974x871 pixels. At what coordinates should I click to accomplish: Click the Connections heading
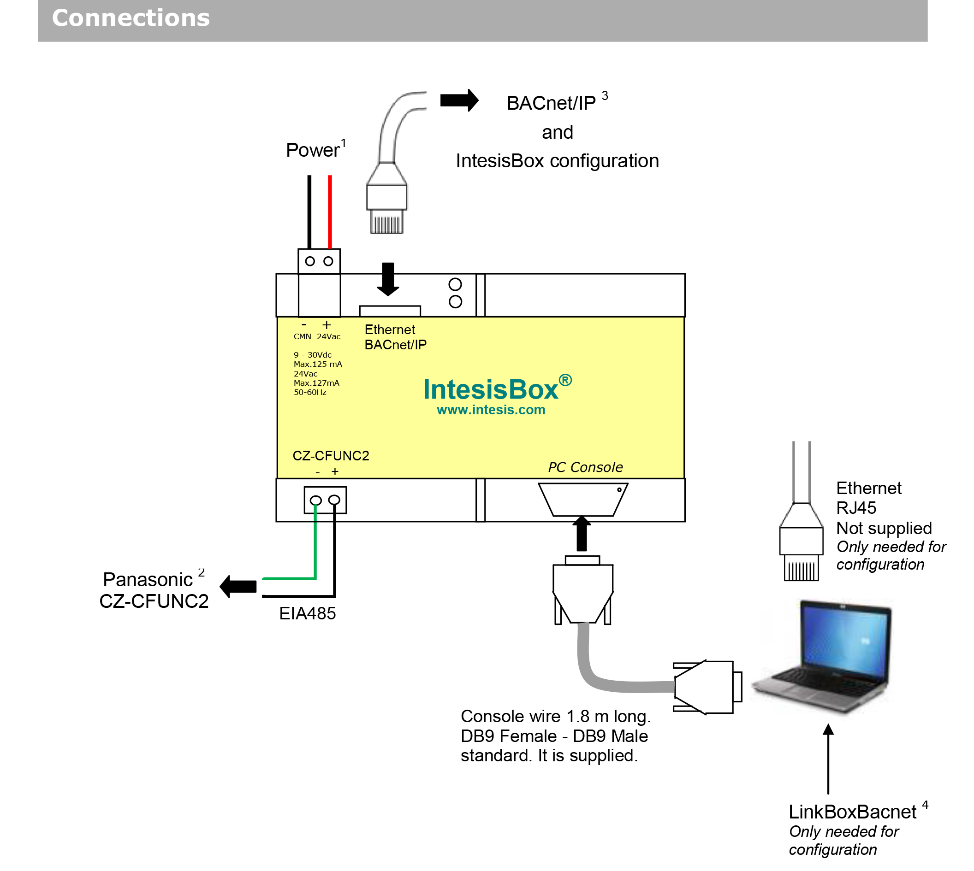click(x=131, y=18)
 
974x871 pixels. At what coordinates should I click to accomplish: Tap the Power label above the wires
click(x=313, y=150)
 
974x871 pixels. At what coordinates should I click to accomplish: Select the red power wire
click(x=330, y=211)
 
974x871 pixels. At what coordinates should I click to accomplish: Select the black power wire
click(x=309, y=211)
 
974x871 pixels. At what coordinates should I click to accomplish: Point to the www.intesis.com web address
click(x=491, y=410)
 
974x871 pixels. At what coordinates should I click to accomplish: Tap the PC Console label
click(x=585, y=468)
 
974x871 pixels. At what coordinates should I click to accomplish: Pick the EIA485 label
click(x=308, y=614)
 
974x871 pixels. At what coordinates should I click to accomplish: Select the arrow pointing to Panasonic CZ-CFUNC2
click(x=238, y=587)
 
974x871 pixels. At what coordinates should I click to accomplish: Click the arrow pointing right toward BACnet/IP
click(x=459, y=100)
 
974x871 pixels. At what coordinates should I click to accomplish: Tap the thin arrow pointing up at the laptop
click(x=828, y=761)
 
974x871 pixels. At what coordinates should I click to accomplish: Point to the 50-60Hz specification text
click(x=310, y=393)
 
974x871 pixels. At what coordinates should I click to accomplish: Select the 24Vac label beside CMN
click(x=328, y=337)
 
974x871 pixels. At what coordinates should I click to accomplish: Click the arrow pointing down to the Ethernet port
click(x=388, y=279)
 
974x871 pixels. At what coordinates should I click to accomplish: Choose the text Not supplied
click(x=884, y=528)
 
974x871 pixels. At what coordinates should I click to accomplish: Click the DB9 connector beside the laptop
click(x=707, y=688)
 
